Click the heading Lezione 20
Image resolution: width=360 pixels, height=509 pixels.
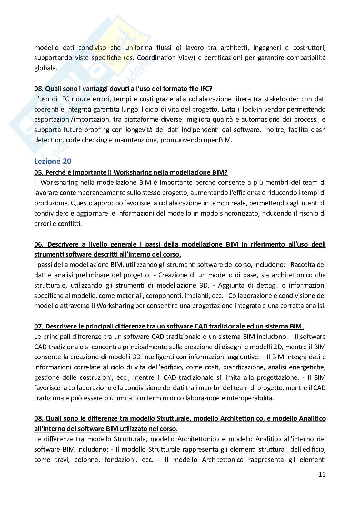[53, 161]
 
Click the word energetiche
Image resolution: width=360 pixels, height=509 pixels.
[309, 367]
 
